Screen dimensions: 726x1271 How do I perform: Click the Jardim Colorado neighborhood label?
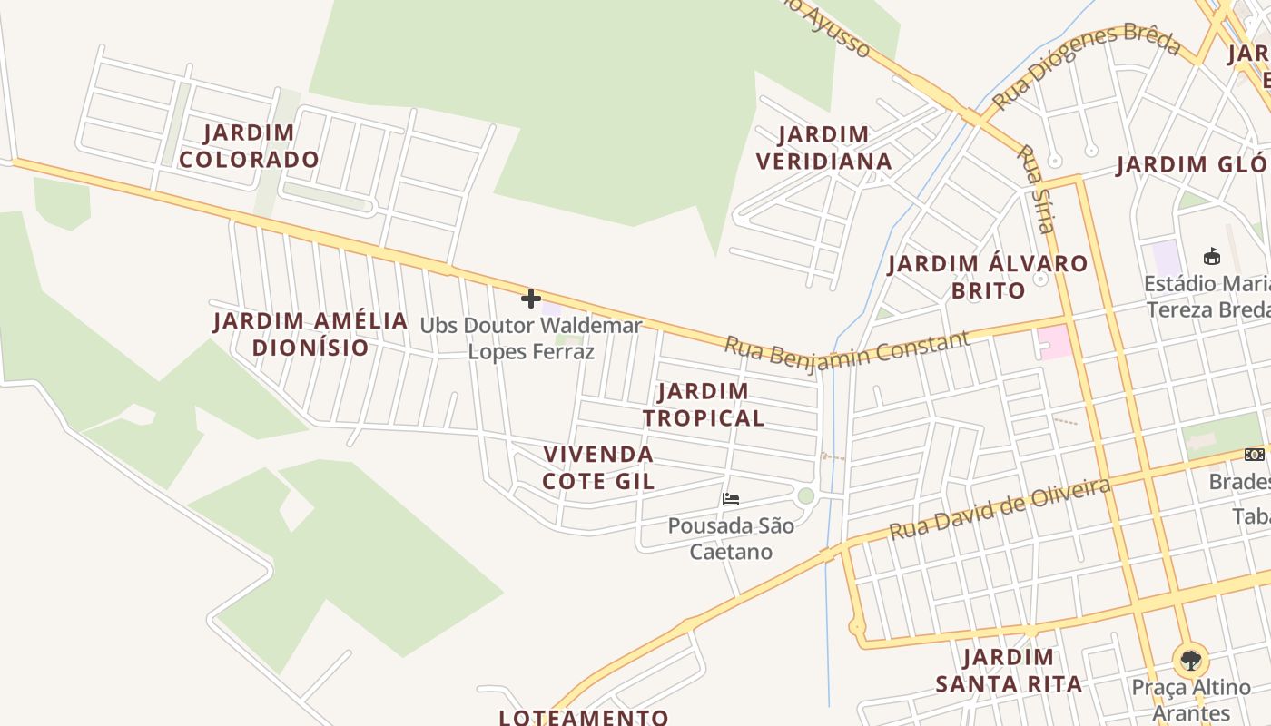click(x=249, y=146)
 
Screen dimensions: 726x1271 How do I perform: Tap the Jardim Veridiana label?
click(x=824, y=148)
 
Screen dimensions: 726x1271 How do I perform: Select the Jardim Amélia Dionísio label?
click(x=310, y=334)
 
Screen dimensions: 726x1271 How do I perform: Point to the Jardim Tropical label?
click(x=704, y=404)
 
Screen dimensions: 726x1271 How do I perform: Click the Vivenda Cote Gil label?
click(x=598, y=467)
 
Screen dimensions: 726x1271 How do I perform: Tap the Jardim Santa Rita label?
click(x=1009, y=670)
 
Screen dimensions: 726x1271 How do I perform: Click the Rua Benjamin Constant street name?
click(x=846, y=349)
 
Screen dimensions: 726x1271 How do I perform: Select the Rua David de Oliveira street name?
click(x=1000, y=509)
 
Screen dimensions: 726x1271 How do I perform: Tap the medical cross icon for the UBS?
click(x=531, y=298)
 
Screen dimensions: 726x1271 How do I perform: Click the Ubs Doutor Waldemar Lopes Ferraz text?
click(x=531, y=338)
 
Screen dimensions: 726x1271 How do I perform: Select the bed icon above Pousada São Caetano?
click(x=731, y=499)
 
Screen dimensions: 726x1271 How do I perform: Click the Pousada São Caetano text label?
click(x=731, y=538)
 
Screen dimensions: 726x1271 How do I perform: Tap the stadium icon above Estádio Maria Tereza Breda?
click(x=1211, y=256)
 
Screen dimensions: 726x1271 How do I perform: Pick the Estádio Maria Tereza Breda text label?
click(x=1207, y=297)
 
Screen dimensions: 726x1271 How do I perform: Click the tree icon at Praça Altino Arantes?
click(x=1189, y=660)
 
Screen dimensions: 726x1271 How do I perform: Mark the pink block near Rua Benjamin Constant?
click(x=1054, y=342)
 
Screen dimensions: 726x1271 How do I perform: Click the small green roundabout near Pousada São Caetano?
click(x=805, y=495)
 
